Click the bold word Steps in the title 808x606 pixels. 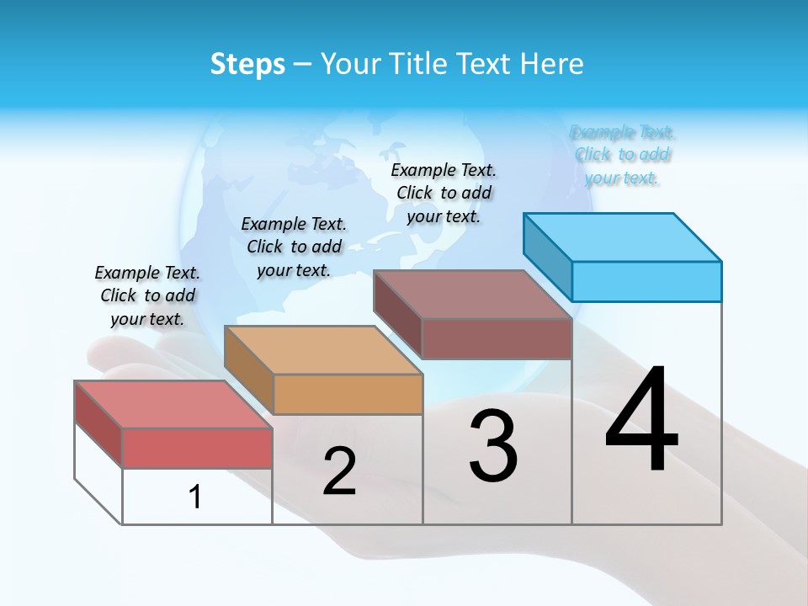(x=247, y=64)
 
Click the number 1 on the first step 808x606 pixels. (x=195, y=497)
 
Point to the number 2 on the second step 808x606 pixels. (x=339, y=471)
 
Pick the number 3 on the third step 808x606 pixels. (x=492, y=446)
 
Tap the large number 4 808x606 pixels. (x=641, y=421)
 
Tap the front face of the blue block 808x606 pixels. (x=646, y=281)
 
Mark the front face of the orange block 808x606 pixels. (x=348, y=394)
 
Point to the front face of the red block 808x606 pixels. (x=197, y=448)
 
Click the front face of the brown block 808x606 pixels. (x=497, y=338)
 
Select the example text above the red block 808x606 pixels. (x=147, y=295)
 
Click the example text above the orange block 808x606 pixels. (x=294, y=247)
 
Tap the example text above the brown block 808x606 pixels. (x=444, y=193)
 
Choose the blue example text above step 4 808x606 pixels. (x=622, y=155)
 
